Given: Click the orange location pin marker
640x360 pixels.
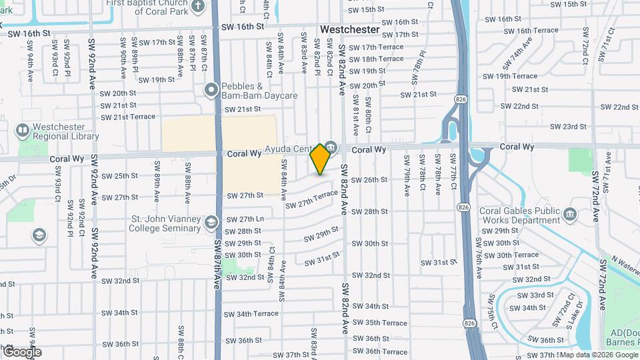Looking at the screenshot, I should coord(321,159).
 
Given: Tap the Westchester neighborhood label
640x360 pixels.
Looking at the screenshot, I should coord(349,30).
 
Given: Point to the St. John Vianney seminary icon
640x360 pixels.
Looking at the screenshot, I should coord(211,222).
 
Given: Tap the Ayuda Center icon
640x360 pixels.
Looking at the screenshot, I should coord(331,147).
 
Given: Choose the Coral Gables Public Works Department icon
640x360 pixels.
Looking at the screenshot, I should coord(570,215).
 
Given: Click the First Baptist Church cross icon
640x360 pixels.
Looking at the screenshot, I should coord(197,7).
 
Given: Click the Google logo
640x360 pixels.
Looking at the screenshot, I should coord(22,351).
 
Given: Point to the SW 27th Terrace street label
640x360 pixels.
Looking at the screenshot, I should coord(312,198).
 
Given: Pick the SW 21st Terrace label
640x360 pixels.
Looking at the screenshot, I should coord(128,117).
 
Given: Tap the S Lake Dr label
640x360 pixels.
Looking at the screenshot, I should coord(579,315).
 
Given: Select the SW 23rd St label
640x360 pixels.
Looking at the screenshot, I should coord(568,127).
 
